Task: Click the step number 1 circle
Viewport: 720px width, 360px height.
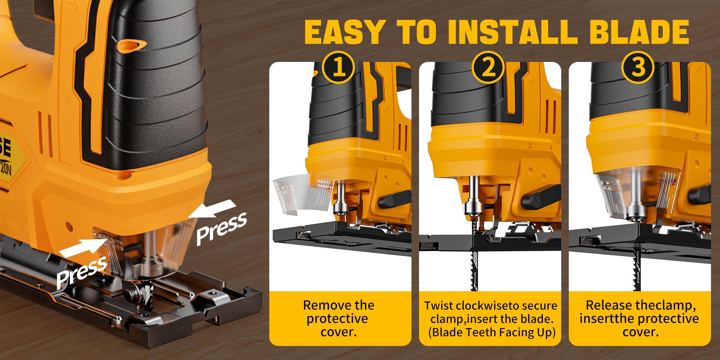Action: (x=339, y=69)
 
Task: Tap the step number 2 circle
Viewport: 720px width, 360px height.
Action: (x=489, y=69)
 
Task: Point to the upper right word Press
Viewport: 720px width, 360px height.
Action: (x=221, y=228)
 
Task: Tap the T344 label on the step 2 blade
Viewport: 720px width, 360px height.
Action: (x=474, y=228)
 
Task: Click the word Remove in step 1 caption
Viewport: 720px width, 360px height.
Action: (x=326, y=305)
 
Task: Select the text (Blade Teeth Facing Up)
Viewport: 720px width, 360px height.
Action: (x=491, y=332)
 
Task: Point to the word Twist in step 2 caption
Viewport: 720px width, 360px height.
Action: (x=438, y=306)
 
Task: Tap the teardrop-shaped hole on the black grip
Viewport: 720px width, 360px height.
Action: (x=132, y=45)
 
